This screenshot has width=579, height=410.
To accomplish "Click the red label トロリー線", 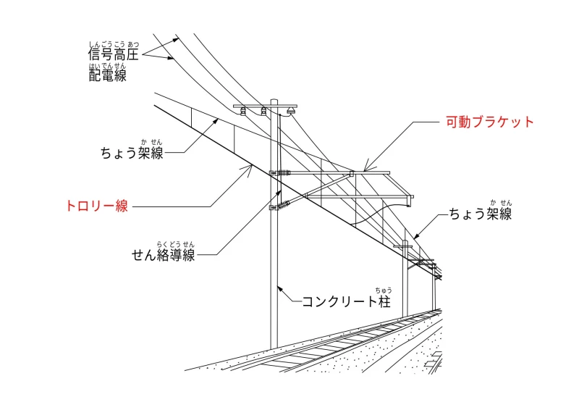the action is [97, 206].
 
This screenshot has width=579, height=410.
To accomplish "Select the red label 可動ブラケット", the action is [490, 122].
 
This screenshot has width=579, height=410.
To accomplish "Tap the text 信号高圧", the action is [114, 54].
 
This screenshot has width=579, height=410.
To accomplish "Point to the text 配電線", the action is [107, 75].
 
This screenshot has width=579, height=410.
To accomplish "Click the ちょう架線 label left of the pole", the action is [132, 153].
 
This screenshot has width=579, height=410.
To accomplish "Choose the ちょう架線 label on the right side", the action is [481, 214].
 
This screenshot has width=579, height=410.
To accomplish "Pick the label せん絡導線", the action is [164, 255].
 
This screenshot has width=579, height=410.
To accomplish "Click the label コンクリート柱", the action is [347, 301].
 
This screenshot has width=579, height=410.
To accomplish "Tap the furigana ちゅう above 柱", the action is [384, 290].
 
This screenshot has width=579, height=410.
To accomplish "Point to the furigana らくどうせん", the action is [175, 244].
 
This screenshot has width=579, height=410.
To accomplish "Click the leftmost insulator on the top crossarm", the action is [243, 111].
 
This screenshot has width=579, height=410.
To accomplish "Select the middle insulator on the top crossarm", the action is [263, 111].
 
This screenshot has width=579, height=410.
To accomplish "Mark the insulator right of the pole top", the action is [292, 110].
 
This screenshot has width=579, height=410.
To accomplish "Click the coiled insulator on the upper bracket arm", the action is [283, 172].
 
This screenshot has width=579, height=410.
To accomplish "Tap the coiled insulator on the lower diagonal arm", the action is [284, 204].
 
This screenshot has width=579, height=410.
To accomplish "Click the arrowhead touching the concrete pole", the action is [280, 289].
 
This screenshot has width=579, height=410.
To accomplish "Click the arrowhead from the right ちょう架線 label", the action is [416, 236].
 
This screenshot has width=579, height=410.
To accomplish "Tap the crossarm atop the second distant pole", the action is [405, 246].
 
